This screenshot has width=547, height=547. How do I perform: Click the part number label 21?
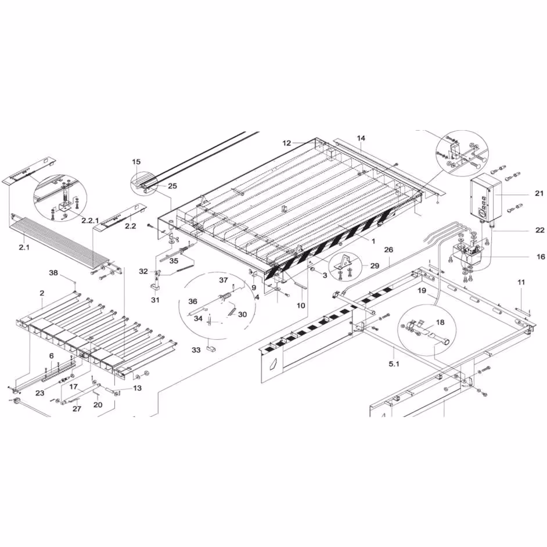pos(539,193)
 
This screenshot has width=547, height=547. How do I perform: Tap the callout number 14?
pos(361,138)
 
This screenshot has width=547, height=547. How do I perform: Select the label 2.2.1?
pos(90,221)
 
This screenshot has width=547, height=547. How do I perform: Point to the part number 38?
pos(53,273)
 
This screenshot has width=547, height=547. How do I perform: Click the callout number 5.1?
pos(394,364)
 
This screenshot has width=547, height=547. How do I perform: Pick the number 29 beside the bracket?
pos(375,266)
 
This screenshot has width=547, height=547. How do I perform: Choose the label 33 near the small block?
pos(196,350)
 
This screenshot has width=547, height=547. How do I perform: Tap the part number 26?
pos(388,250)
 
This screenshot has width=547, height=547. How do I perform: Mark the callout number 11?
pos(521,282)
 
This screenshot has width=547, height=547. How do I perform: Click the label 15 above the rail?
pos(136,161)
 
